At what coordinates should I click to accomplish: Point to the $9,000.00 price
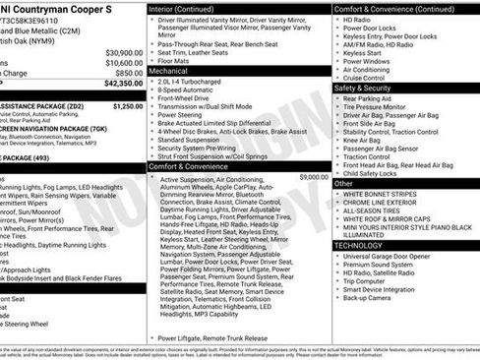pos(314,177)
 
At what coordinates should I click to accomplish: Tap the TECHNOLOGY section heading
pos(362,245)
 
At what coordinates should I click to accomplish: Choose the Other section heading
pos(343,183)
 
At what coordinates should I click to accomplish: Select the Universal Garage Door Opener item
pos(392,256)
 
